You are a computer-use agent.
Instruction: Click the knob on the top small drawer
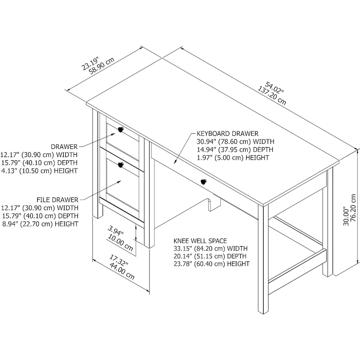click(120, 130)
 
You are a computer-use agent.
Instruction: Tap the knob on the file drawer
click(120, 165)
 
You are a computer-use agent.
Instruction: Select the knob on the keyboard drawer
click(203, 182)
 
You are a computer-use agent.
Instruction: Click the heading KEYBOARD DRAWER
click(227, 134)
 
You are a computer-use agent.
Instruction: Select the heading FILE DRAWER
click(57, 199)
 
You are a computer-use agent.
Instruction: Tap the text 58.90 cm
click(101, 66)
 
